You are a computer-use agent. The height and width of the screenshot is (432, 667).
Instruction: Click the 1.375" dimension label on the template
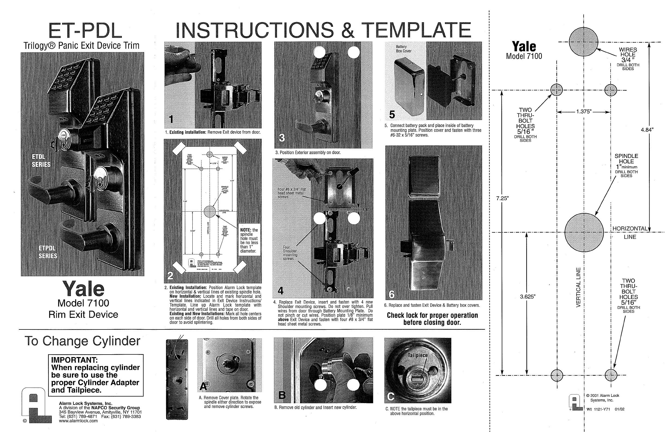[584, 112]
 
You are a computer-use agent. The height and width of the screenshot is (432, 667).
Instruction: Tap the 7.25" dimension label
[502, 199]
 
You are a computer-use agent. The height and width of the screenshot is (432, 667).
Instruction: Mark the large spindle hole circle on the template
[584, 233]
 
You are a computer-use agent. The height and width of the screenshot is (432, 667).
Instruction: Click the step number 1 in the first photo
[171, 120]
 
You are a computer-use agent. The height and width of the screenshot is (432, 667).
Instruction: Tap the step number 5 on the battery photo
[392, 115]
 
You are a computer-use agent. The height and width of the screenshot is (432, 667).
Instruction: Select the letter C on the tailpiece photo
[391, 396]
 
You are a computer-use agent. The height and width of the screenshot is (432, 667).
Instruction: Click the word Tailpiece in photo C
[418, 355]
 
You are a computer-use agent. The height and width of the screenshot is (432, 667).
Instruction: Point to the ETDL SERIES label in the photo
[41, 160]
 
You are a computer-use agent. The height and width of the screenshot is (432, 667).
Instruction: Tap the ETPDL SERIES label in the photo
[48, 252]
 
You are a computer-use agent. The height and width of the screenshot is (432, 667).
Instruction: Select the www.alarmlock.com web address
[78, 421]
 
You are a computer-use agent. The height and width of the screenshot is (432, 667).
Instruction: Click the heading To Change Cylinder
[82, 341]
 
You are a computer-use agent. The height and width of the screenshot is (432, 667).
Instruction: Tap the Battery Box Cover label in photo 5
[404, 49]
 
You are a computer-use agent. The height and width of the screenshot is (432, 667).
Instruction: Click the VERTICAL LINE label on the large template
[578, 287]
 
